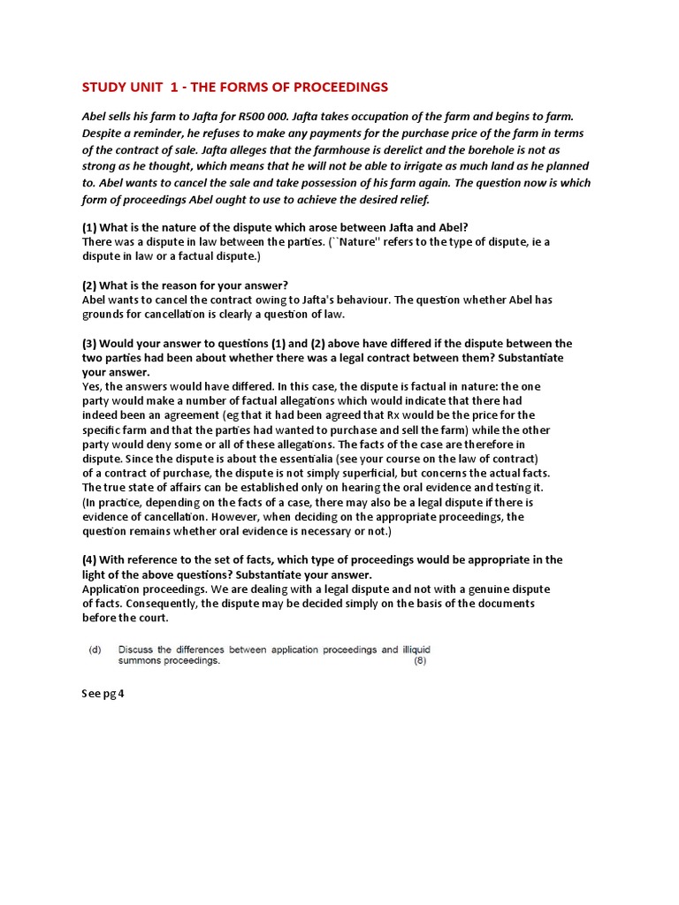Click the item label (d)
(94, 650)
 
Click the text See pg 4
(103, 694)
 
